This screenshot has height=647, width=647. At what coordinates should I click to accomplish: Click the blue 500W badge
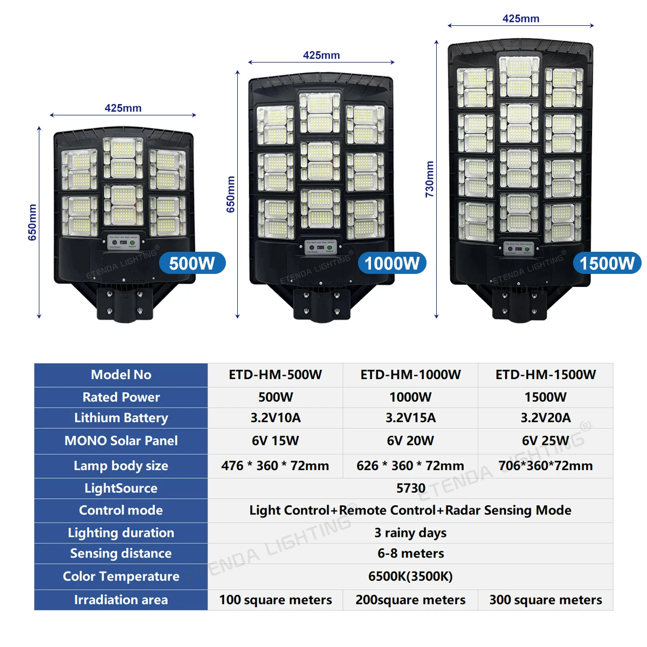coord(192,263)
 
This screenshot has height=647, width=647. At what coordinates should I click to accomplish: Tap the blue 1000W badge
coord(392,263)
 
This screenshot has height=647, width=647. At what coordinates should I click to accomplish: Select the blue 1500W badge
coord(607,263)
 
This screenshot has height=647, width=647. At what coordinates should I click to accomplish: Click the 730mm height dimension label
coord(430,180)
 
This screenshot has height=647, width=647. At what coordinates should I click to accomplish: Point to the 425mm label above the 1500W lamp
coord(521,19)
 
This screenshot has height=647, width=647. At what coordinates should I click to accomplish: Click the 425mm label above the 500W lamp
coord(123,108)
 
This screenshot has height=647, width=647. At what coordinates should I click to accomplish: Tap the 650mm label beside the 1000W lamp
coord(231,194)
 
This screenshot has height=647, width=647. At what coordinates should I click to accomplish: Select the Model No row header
coord(121,375)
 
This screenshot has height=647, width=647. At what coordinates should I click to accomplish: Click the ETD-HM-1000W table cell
coord(410,375)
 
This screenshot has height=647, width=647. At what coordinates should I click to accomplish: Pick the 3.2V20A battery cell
coord(546,418)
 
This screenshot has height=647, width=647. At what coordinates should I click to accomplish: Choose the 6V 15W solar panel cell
coord(275,440)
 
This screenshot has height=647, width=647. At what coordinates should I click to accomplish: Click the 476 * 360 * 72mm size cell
coord(275,466)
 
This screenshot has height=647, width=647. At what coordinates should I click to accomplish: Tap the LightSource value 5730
coord(410,488)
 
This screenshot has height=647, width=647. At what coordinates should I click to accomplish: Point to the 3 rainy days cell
coord(410,533)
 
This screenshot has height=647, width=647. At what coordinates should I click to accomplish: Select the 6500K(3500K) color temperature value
coord(410,576)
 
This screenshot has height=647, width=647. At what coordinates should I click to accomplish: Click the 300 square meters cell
coord(546,600)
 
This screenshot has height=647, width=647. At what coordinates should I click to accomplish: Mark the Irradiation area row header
coord(121,600)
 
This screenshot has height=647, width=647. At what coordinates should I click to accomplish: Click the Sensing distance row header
coord(121,554)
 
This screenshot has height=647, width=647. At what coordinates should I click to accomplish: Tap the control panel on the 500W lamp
coord(123,242)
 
